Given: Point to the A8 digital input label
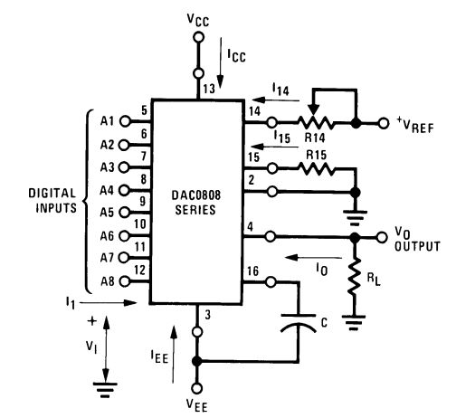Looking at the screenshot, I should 107,281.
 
